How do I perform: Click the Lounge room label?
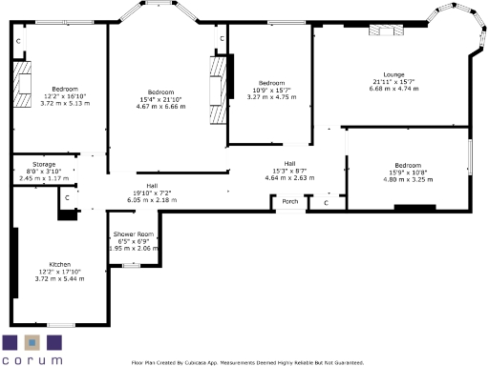(x=394, y=74)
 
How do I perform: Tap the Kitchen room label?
(x=60, y=264)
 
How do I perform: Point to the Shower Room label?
(x=133, y=234)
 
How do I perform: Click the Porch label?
(x=288, y=201)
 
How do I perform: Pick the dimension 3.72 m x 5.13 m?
(x=66, y=102)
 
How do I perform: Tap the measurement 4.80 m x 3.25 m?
(x=408, y=179)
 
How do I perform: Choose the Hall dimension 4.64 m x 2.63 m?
(x=289, y=177)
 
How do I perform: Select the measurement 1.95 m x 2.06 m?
(x=133, y=248)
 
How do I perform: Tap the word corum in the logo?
(x=32, y=360)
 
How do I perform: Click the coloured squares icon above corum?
(x=32, y=342)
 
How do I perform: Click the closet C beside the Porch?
(x=327, y=202)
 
